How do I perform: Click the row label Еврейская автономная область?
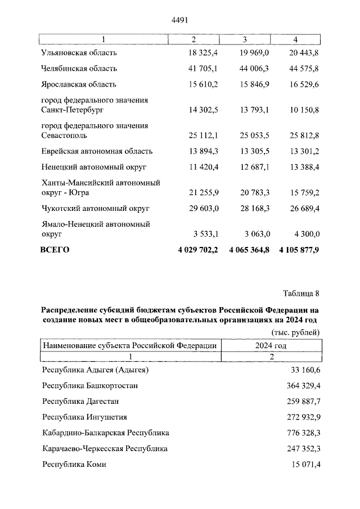[x=97, y=151]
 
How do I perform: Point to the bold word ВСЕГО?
[x=55, y=250]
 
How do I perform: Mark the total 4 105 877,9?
[x=299, y=250]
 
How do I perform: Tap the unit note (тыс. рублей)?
[x=295, y=332]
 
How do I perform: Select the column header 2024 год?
[x=271, y=345]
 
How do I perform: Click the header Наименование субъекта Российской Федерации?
[x=130, y=345]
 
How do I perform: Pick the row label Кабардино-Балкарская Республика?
[x=106, y=433]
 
